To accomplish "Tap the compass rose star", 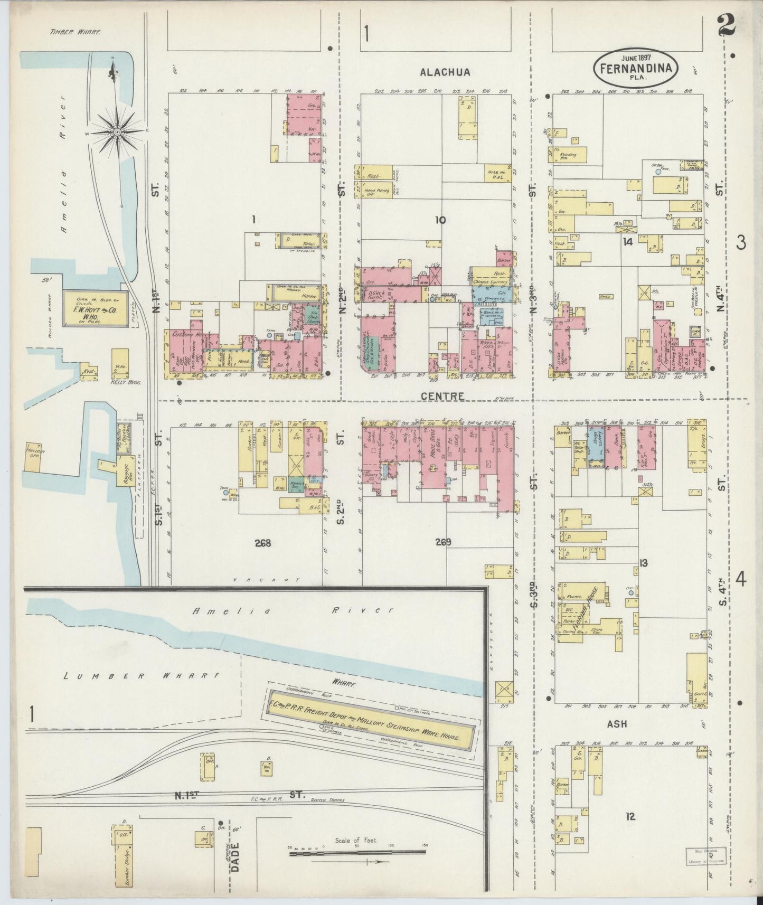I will click(x=117, y=130).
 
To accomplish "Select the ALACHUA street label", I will click(x=445, y=72).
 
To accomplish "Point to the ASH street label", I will click(x=617, y=724).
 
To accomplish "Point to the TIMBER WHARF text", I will click(x=75, y=32).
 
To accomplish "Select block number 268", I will click(x=262, y=543).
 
